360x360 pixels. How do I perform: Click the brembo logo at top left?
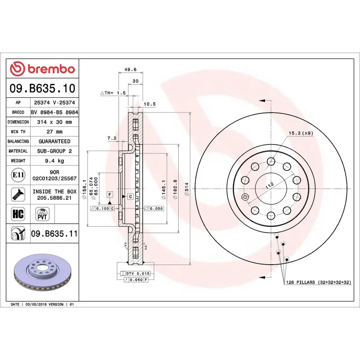click(x=42, y=69)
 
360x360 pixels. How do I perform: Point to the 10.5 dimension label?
click(x=149, y=104)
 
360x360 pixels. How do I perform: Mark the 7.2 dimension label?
click(x=112, y=138)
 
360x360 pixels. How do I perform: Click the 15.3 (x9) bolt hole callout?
click(x=301, y=133)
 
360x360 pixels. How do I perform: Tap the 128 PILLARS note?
click(x=318, y=282)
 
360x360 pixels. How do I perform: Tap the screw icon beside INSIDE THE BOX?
click(x=17, y=194)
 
